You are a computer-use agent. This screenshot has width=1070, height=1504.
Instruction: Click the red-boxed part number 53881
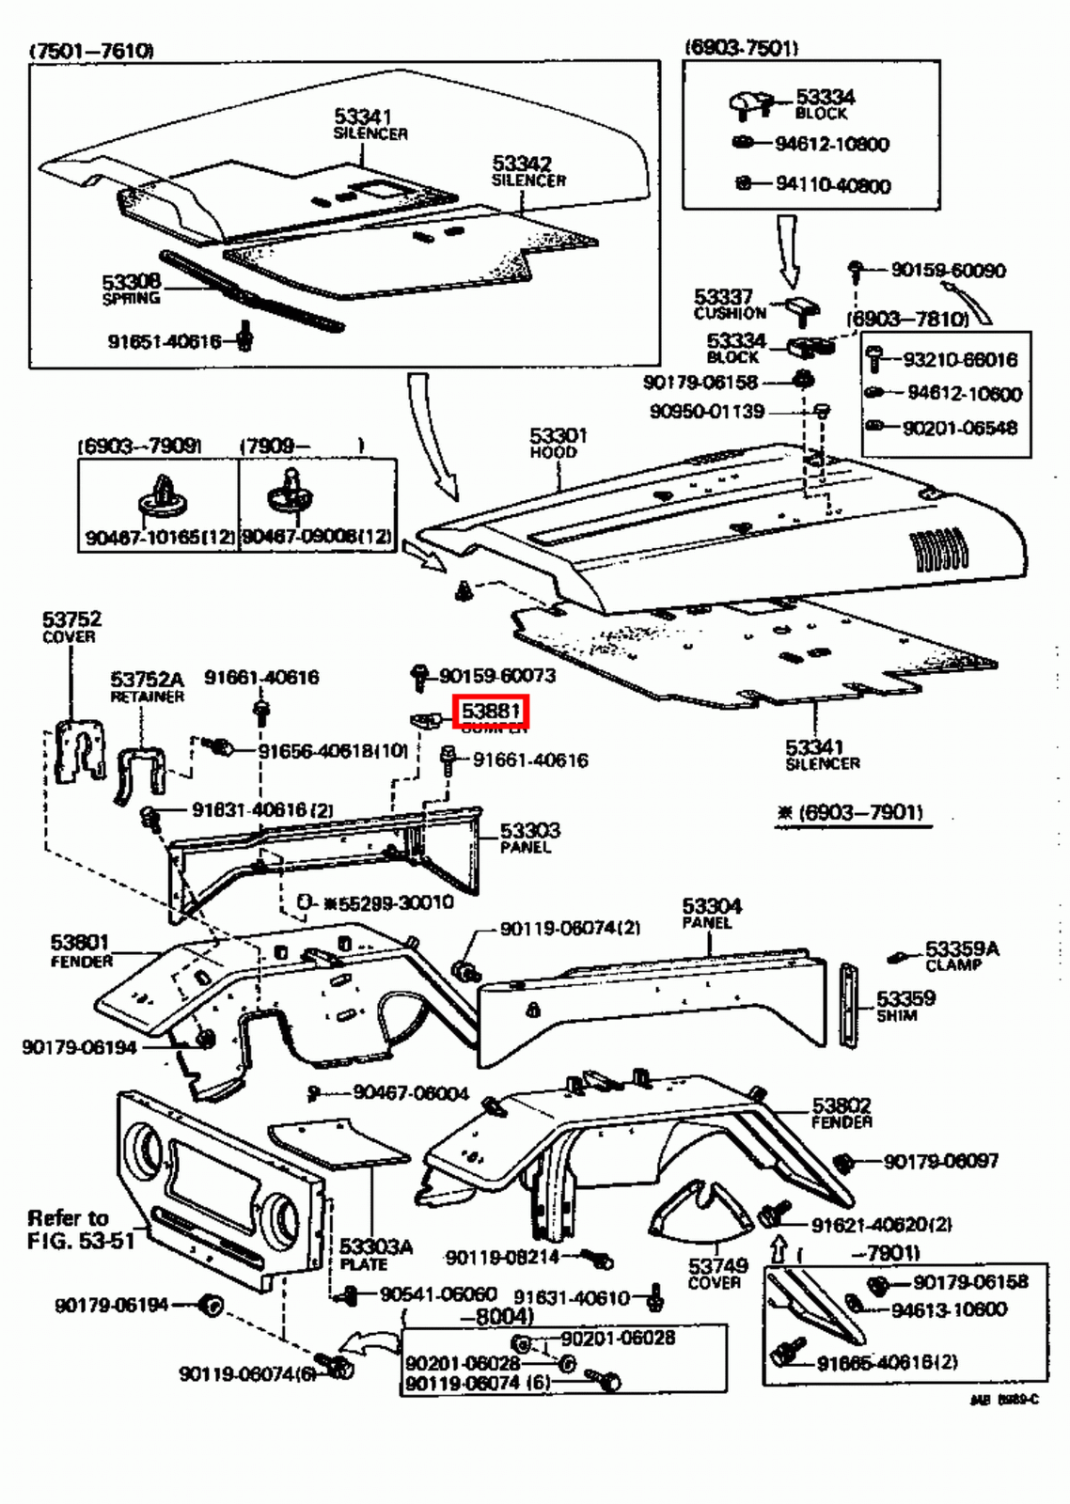pyautogui.click(x=492, y=712)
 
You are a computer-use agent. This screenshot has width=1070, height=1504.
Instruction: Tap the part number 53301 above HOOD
pyautogui.click(x=558, y=435)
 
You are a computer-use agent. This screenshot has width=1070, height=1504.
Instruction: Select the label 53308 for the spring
pyautogui.click(x=132, y=282)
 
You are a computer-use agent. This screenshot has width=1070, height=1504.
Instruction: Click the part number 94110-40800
pyautogui.click(x=832, y=185)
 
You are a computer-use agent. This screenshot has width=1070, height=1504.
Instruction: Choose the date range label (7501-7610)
pyautogui.click(x=91, y=50)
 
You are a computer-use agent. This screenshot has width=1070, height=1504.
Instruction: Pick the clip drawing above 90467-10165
pyautogui.click(x=163, y=495)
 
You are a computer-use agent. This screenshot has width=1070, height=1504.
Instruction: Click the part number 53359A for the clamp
pyautogui.click(x=962, y=949)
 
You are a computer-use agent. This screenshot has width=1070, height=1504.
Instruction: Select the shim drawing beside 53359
pyautogui.click(x=850, y=1003)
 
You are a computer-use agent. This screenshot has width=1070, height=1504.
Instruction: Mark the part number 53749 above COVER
pyautogui.click(x=717, y=1266)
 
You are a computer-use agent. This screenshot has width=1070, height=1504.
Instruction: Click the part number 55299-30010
pyautogui.click(x=395, y=902)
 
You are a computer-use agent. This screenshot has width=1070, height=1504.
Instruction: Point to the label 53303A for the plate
pyautogui.click(x=376, y=1247)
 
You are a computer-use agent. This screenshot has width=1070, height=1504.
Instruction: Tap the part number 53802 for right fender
pyautogui.click(x=842, y=1105)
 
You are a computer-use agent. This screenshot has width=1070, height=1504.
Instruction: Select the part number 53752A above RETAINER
pyautogui.click(x=148, y=679)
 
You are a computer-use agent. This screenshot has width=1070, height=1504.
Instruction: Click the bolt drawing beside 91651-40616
pyautogui.click(x=245, y=336)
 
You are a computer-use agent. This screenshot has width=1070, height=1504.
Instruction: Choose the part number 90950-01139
pyautogui.click(x=707, y=412)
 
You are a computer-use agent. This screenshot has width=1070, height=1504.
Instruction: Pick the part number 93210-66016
pyautogui.click(x=959, y=359)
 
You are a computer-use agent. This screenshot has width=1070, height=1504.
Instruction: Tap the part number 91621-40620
pyautogui.click(x=880, y=1224)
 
